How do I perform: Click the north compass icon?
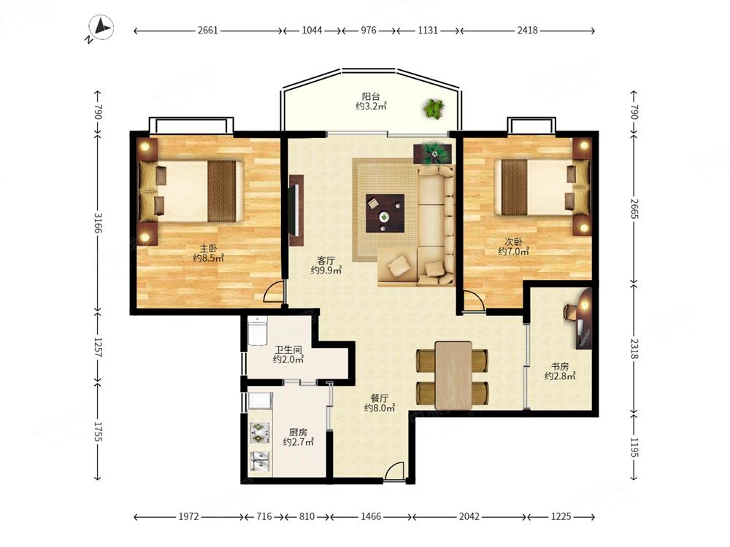[101, 28]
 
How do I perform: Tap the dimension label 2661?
[207, 30]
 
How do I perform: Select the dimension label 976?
[368, 30]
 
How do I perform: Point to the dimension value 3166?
[98, 222]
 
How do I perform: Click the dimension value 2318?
[634, 349]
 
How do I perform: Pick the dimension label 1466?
[371, 516]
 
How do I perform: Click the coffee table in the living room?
[385, 213]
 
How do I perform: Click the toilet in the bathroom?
[257, 330]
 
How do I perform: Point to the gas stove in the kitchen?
[259, 432]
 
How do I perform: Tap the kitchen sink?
[259, 462]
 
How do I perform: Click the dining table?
[453, 375]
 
